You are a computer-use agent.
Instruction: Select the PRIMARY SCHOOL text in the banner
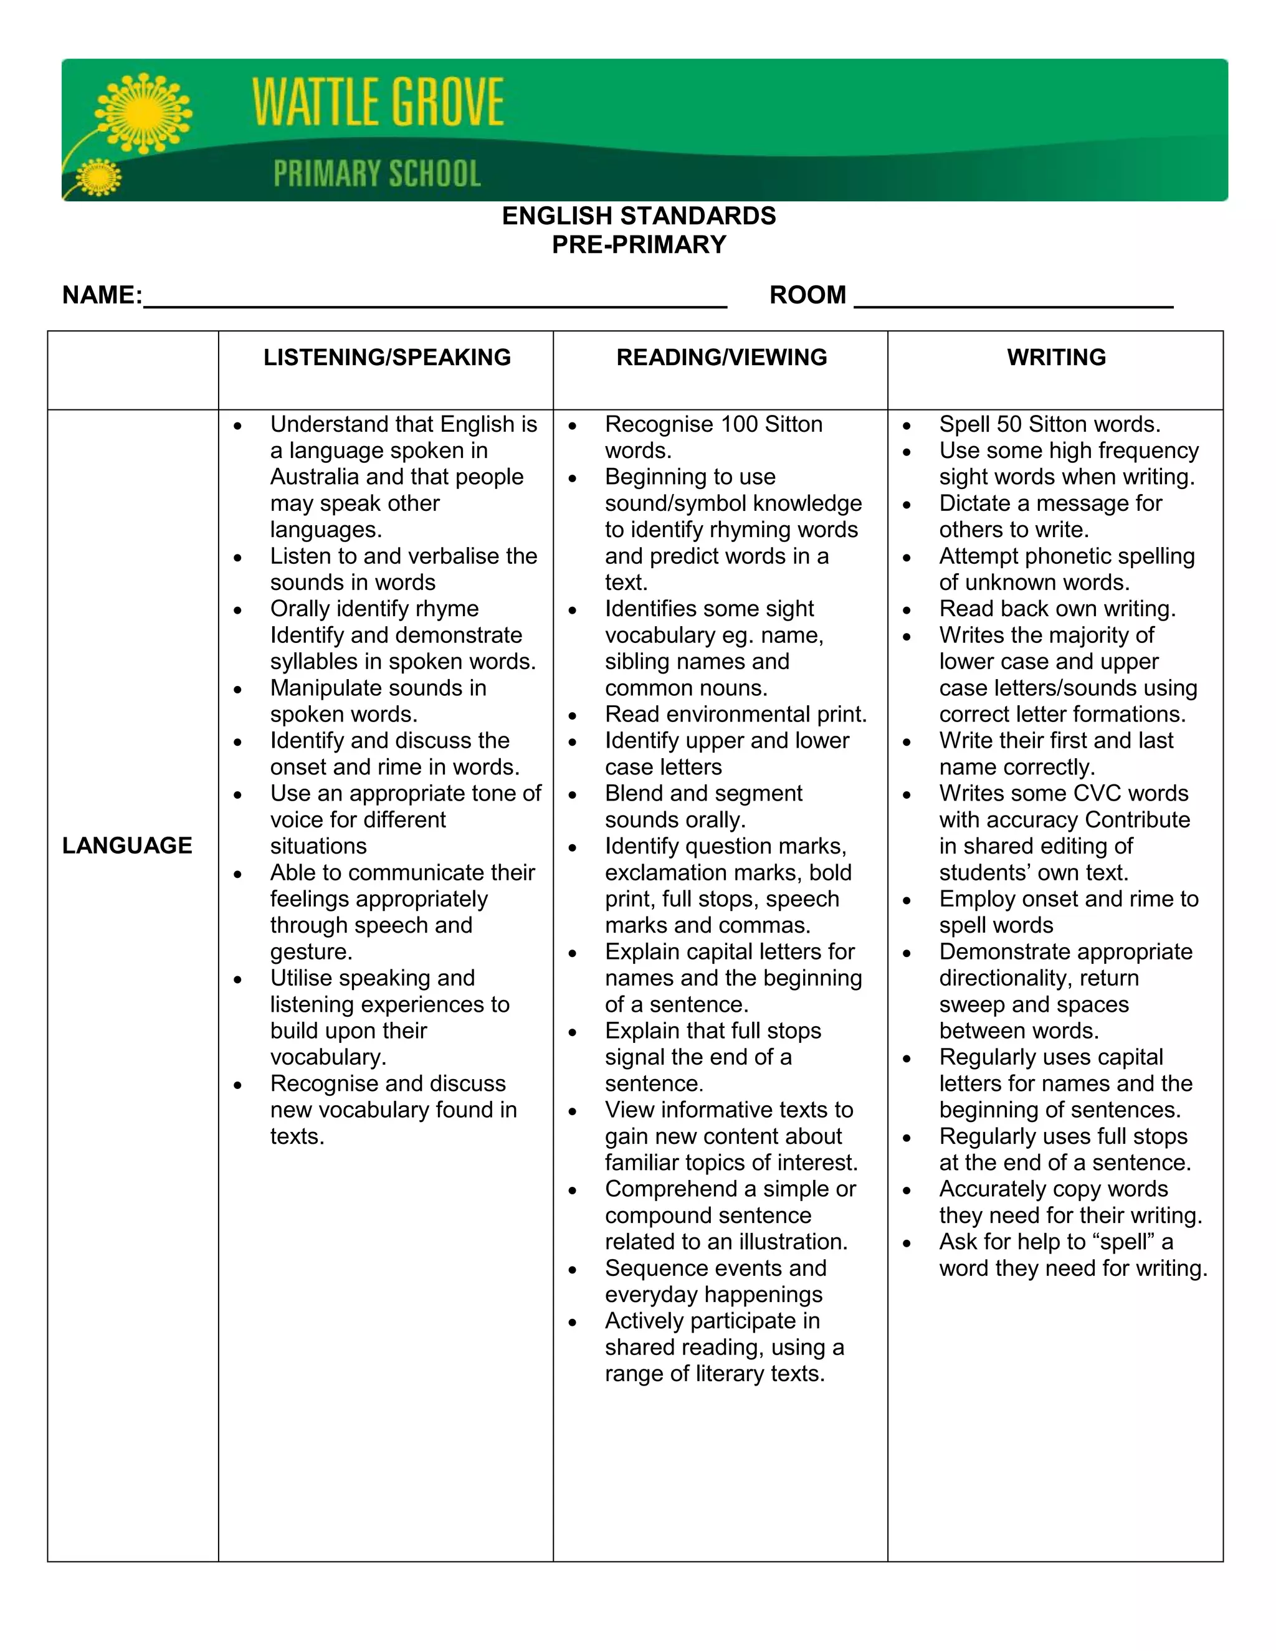(376, 173)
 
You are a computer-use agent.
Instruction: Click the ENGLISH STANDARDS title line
(639, 216)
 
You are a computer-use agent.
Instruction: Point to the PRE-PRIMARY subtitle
(639, 245)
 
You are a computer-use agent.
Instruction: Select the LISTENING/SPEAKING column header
(387, 357)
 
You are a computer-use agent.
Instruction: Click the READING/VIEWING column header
(721, 357)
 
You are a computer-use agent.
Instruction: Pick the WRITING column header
(1056, 357)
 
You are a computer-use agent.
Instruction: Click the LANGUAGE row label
(127, 845)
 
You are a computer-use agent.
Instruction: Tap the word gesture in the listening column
(311, 952)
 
